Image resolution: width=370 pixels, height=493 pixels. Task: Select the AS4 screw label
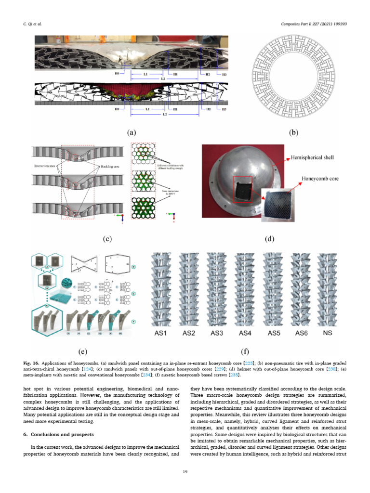tap(246, 333)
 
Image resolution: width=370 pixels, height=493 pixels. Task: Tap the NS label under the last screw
tap(329, 333)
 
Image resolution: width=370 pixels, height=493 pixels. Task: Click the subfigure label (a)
tap(131, 132)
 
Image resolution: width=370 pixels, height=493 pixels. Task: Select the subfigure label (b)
tap(293, 132)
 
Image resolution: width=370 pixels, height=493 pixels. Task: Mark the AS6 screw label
tap(301, 333)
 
